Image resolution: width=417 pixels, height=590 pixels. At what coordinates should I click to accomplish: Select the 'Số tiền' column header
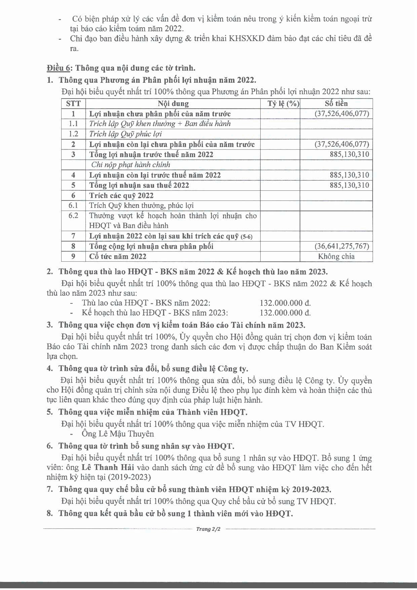336,104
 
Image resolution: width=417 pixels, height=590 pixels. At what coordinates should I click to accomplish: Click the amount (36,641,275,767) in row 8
342,246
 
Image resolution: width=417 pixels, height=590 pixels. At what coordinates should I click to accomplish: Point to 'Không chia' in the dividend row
336,256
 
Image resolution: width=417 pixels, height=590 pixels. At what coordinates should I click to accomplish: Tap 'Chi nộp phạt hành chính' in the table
131,165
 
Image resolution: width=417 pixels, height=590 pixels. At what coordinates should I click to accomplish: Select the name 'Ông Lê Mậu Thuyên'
118,434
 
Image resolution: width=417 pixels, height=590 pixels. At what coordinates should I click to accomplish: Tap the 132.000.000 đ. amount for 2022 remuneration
285,303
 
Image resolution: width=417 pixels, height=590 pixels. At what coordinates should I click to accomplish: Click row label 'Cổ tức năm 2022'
118,256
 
